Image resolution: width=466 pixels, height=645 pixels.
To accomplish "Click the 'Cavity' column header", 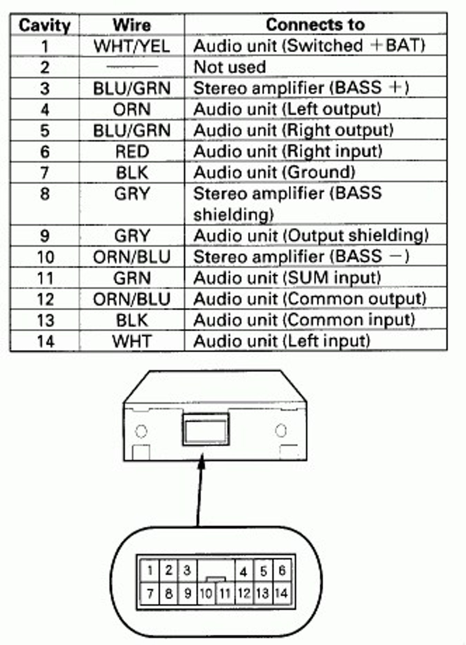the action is click(45, 25).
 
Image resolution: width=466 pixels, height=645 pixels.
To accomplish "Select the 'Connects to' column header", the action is click(315, 24).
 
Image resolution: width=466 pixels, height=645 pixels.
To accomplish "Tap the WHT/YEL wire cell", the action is click(132, 46).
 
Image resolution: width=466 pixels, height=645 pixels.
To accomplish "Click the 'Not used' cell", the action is click(230, 67).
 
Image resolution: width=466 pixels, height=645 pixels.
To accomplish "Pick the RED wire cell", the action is click(132, 151).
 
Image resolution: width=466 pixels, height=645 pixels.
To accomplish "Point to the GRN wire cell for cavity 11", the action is click(132, 278).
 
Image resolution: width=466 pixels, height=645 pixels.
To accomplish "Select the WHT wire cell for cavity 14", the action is click(132, 341).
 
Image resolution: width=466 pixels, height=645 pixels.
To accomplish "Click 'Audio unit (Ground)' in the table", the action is click(274, 172).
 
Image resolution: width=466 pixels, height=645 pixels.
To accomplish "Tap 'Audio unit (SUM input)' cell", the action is click(288, 278).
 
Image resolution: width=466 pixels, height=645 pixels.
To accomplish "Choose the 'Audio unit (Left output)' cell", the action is click(288, 109).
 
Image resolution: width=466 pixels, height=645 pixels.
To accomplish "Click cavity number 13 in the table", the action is click(45, 320).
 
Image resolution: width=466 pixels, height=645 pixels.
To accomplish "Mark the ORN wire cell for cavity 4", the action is click(132, 109).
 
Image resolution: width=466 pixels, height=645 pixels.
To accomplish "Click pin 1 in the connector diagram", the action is click(150, 570).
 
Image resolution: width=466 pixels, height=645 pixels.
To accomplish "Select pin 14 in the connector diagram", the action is click(281, 593).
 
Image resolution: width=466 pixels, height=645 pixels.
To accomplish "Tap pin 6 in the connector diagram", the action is click(282, 570).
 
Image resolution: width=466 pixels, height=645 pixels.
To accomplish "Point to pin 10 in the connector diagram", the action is click(206, 593).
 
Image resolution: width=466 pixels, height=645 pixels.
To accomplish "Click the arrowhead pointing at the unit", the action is click(202, 462).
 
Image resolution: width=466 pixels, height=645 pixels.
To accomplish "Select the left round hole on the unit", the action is click(141, 431).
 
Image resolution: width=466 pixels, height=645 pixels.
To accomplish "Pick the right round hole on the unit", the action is click(281, 430).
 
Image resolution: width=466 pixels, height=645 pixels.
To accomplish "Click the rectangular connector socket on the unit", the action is click(206, 429).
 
